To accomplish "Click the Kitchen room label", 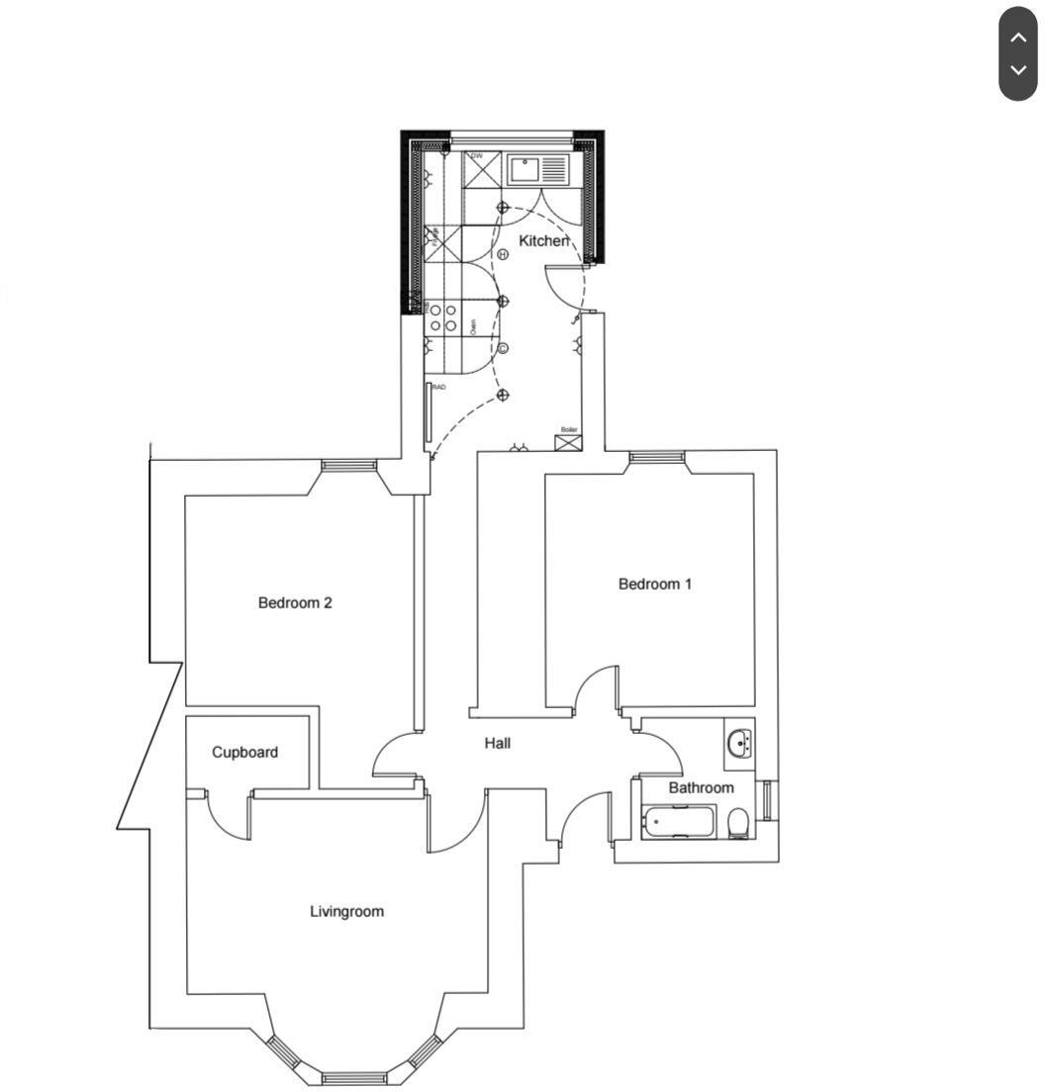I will click(543, 241).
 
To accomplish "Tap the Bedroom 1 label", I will click(654, 584).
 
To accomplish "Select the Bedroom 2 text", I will click(295, 602).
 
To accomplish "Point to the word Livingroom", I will click(346, 911).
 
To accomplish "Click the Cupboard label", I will click(244, 752).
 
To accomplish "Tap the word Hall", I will click(497, 743).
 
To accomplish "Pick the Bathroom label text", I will click(701, 787).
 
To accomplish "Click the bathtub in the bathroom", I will click(678, 821).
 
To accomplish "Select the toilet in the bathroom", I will click(738, 823).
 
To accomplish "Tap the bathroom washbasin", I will click(739, 743).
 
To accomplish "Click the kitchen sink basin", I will click(523, 169).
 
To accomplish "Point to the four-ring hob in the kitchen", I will click(442, 318).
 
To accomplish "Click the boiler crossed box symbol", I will click(568, 442).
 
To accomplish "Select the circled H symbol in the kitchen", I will click(503, 254).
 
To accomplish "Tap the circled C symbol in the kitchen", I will click(503, 348).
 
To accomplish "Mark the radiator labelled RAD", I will click(428, 412).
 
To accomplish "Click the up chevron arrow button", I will click(1017, 37).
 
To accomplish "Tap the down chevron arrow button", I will click(1017, 71).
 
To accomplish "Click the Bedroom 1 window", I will click(657, 457).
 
